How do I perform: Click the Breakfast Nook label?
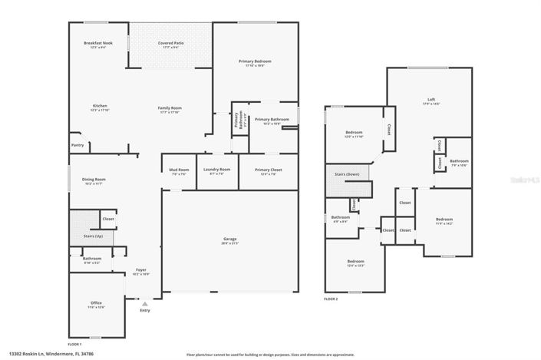(x=97, y=43)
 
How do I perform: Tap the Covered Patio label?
(x=170, y=43)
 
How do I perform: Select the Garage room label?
(x=228, y=240)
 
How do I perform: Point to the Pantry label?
(x=77, y=144)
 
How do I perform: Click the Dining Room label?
(x=94, y=180)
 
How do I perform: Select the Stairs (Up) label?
(x=94, y=236)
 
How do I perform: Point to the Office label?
(x=96, y=303)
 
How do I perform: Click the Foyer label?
(x=140, y=269)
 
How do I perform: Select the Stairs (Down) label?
(x=347, y=175)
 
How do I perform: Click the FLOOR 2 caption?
(x=331, y=299)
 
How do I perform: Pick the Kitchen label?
(x=99, y=106)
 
